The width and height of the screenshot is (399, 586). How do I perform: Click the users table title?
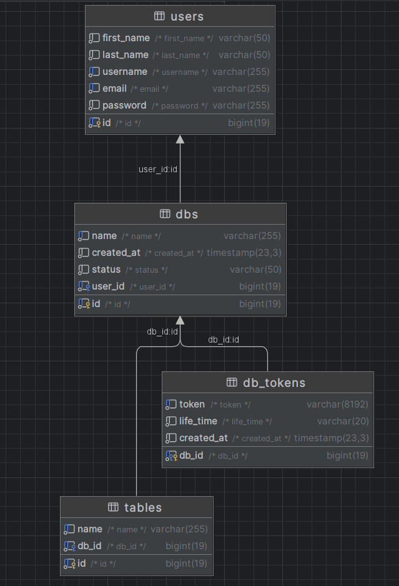tap(187, 16)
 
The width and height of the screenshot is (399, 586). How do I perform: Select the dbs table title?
tap(187, 214)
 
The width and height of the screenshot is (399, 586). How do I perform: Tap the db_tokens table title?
tap(274, 383)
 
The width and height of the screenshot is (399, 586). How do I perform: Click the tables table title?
tap(143, 507)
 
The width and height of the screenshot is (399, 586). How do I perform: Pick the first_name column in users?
tap(126, 37)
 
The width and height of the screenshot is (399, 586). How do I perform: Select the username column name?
tap(125, 71)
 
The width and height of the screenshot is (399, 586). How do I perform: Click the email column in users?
tap(114, 89)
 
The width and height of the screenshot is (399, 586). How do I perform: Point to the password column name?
tap(124, 105)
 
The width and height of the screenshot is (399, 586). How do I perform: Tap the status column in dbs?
tap(106, 270)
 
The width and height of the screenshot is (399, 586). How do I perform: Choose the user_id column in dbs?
tap(108, 286)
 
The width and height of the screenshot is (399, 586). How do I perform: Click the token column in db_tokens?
tap(192, 404)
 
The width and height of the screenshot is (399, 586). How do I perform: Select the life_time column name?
tap(198, 421)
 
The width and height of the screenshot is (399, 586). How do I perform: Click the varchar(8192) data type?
tap(337, 404)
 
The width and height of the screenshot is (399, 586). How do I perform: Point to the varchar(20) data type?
tap(343, 421)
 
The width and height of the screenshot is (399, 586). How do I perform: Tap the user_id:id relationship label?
tap(158, 169)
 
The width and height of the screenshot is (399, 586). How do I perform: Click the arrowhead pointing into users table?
tap(180, 139)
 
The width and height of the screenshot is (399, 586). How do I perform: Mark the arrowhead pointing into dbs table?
tap(180, 320)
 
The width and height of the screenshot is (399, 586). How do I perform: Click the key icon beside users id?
tap(99, 124)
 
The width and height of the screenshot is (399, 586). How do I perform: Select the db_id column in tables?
tap(89, 546)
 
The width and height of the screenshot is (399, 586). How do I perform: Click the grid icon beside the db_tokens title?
tap(232, 383)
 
